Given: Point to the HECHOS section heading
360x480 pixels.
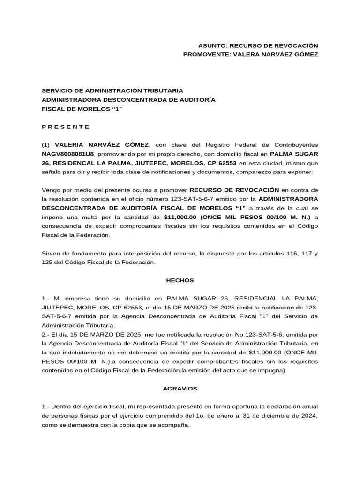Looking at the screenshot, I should click(180, 280).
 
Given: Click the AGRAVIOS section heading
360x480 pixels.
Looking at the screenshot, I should click(180, 389).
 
